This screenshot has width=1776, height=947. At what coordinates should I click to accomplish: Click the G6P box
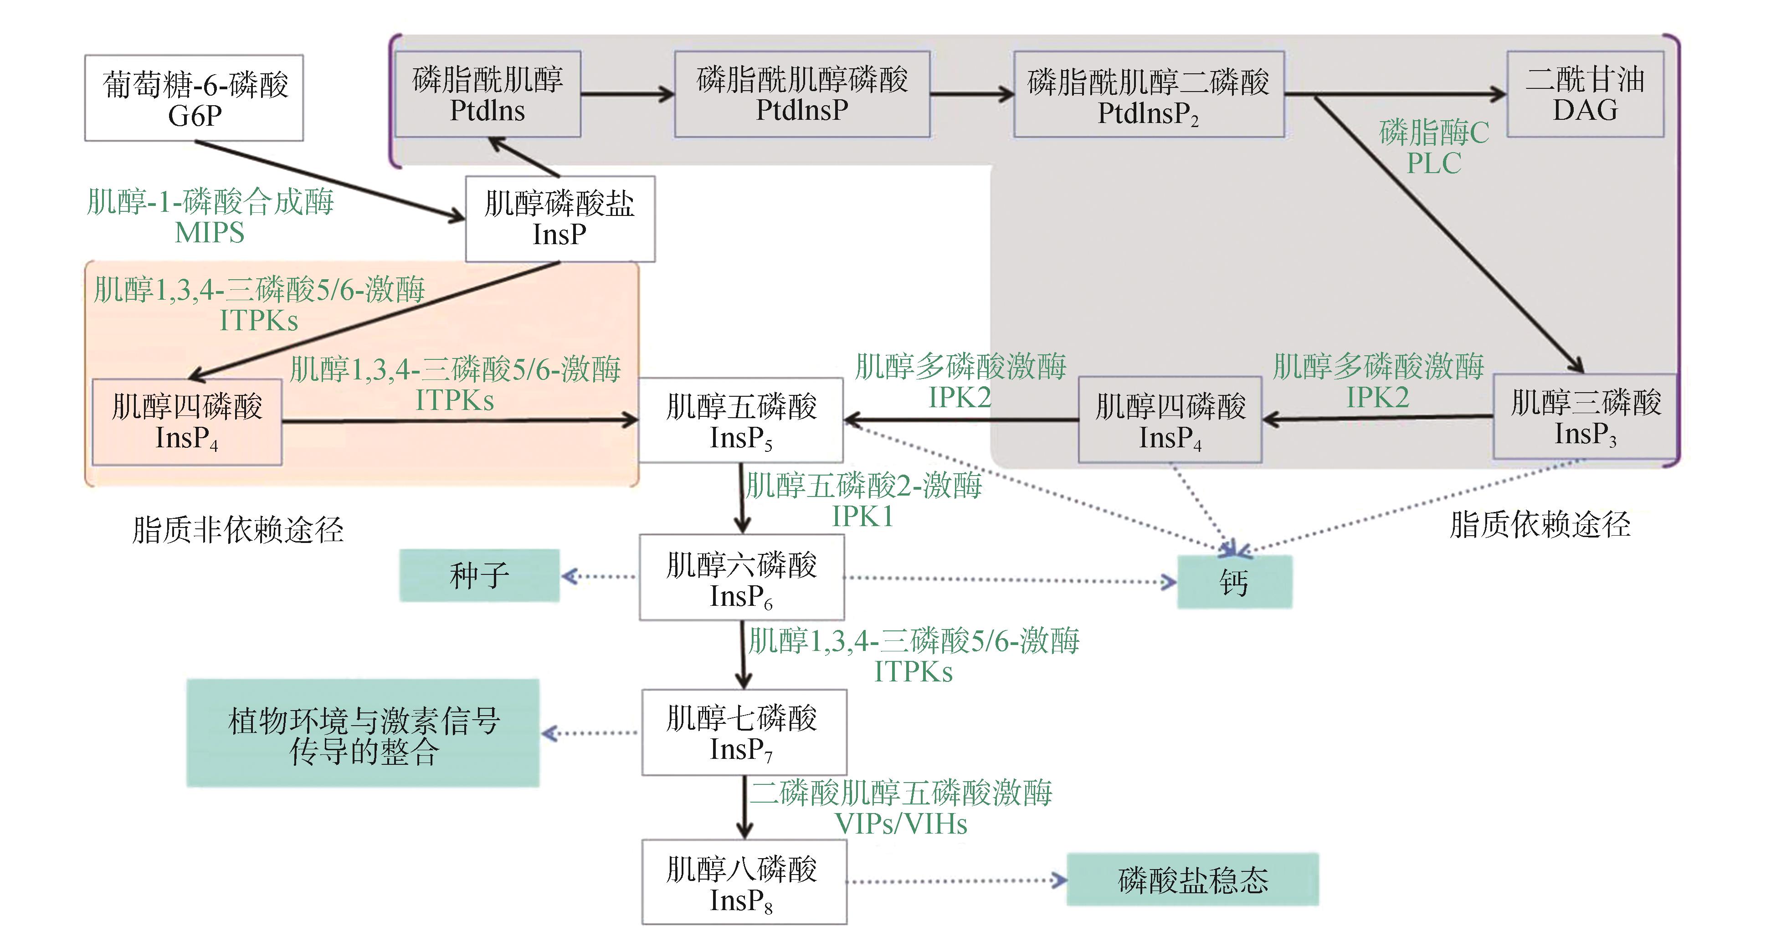(194, 98)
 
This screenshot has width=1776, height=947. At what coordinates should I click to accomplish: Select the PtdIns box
(488, 94)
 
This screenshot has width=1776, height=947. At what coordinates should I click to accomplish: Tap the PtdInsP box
(802, 94)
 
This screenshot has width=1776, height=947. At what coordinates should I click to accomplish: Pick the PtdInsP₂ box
(1149, 94)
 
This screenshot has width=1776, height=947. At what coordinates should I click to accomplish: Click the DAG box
(1585, 94)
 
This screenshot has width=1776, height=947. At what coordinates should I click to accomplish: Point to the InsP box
(560, 219)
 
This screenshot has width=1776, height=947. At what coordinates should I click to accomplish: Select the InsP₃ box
(1585, 416)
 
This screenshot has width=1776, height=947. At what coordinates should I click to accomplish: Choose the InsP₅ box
(741, 420)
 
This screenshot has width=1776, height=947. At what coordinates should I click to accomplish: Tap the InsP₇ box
(744, 732)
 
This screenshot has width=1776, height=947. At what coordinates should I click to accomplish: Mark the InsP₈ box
(744, 881)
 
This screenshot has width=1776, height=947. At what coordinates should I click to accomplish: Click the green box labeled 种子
(479, 575)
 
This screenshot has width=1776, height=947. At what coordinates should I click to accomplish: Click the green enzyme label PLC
(1434, 164)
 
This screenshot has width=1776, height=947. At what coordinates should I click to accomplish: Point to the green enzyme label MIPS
(210, 233)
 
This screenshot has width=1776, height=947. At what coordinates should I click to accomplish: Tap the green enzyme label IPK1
(862, 516)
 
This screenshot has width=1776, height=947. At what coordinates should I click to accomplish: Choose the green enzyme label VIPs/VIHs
(901, 824)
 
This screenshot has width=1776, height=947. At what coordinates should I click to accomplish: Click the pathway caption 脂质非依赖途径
(238, 529)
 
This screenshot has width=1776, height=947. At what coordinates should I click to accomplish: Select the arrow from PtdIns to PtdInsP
(626, 94)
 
